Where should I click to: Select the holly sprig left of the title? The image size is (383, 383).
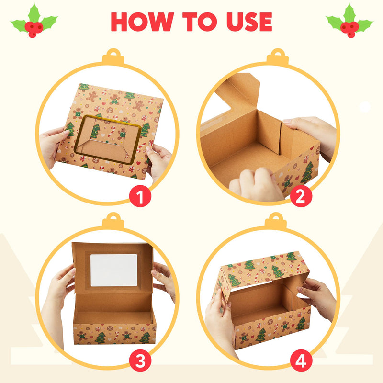[34, 22]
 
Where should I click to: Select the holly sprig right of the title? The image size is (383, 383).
[349, 22]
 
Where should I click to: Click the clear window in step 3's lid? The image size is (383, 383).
[113, 270]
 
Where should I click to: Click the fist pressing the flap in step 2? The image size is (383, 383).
[254, 184]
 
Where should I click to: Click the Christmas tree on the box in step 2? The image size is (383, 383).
[307, 172]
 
